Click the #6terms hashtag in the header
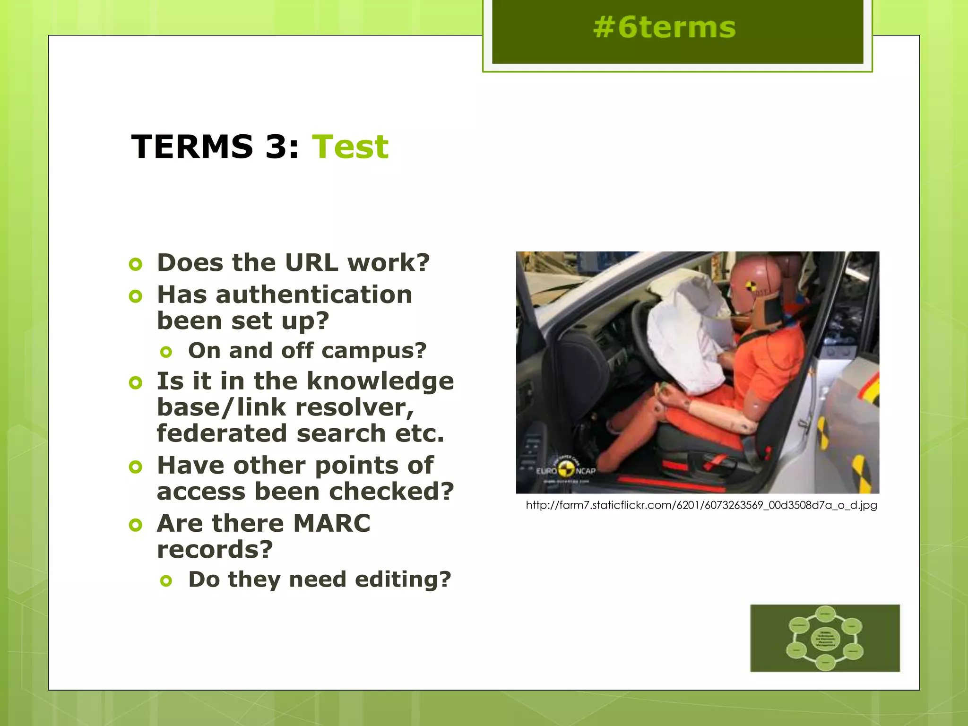(664, 27)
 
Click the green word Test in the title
(350, 147)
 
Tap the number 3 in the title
(276, 147)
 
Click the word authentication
(314, 295)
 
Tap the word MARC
(332, 523)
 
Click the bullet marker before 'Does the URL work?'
(136, 264)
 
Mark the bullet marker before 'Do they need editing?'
(166, 580)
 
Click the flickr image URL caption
(701, 505)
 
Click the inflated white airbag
(685, 331)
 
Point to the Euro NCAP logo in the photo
(566, 469)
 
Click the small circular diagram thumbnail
(825, 638)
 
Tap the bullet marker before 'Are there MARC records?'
(136, 525)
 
